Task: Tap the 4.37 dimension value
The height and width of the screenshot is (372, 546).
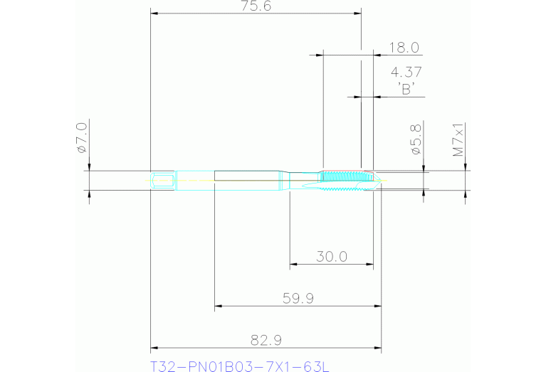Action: pyautogui.click(x=406, y=72)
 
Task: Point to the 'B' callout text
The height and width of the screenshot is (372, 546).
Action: pyautogui.click(x=406, y=89)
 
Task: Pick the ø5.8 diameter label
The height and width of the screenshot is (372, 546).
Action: pyautogui.click(x=416, y=140)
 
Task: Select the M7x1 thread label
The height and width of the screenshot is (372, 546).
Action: pyautogui.click(x=459, y=140)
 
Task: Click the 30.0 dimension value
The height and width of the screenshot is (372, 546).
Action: pyautogui.click(x=331, y=257)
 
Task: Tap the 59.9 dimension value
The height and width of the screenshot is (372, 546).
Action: pyautogui.click(x=298, y=299)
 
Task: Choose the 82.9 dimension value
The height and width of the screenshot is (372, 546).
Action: pyautogui.click(x=264, y=341)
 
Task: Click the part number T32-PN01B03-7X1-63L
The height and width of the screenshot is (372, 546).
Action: pyautogui.click(x=240, y=366)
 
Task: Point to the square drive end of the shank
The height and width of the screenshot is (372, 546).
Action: pyautogui.click(x=162, y=180)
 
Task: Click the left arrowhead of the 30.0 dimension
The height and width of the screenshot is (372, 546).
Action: pyautogui.click(x=293, y=265)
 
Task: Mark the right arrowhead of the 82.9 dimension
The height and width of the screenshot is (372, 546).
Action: pyautogui.click(x=379, y=349)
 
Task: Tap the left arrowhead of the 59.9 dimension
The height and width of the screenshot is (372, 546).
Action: pyautogui.click(x=219, y=307)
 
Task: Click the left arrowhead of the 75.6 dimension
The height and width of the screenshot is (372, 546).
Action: pyautogui.click(x=154, y=14)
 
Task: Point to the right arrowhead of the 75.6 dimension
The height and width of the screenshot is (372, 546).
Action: pyautogui.click(x=357, y=14)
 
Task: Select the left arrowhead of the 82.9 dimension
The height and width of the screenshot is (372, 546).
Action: pyautogui.click(x=154, y=349)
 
